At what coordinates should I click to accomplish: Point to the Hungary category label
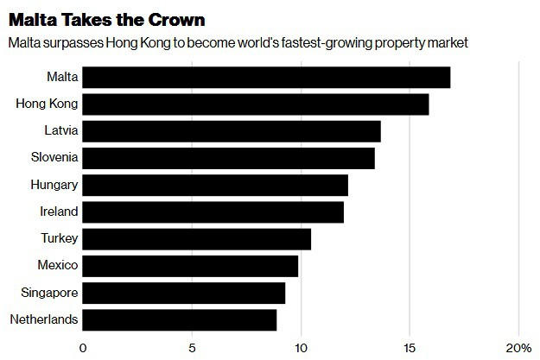tap(54, 185)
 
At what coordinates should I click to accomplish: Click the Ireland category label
tap(58, 212)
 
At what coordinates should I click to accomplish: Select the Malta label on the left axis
tap(61, 77)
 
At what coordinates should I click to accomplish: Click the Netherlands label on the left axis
tap(44, 319)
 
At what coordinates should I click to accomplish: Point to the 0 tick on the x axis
tap(83, 347)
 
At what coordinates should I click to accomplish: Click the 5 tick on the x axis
tap(192, 347)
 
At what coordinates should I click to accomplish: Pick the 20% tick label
tap(518, 347)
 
